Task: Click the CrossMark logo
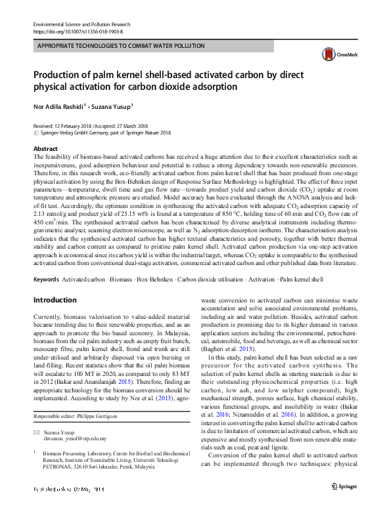click(333, 54)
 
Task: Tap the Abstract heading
click(45, 149)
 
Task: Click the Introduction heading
click(55, 300)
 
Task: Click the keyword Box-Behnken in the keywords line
click(153, 280)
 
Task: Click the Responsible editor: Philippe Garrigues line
click(76, 417)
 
